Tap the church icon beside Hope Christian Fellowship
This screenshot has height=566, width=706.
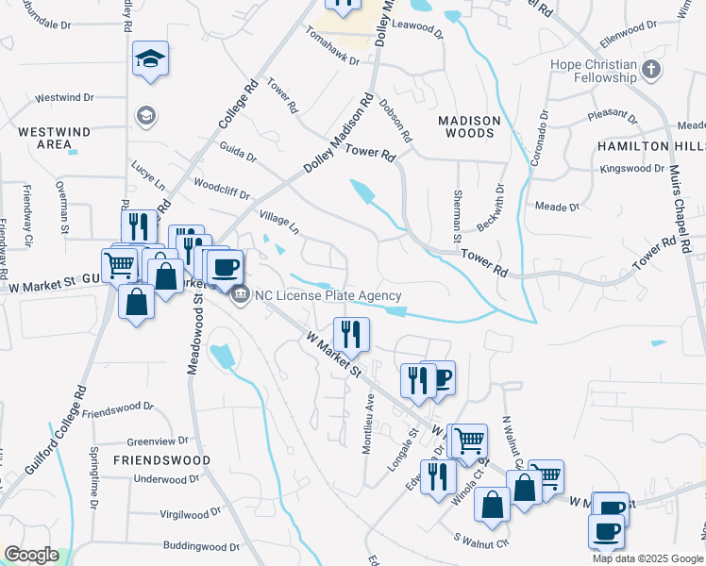pos(651,69)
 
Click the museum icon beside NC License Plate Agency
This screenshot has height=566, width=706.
pos(240,295)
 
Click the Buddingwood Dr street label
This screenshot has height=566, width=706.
pos(201,546)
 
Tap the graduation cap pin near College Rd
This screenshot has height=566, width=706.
pos(151,59)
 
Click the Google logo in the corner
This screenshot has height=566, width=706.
pos(31,555)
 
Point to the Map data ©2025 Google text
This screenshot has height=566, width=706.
pos(647,558)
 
